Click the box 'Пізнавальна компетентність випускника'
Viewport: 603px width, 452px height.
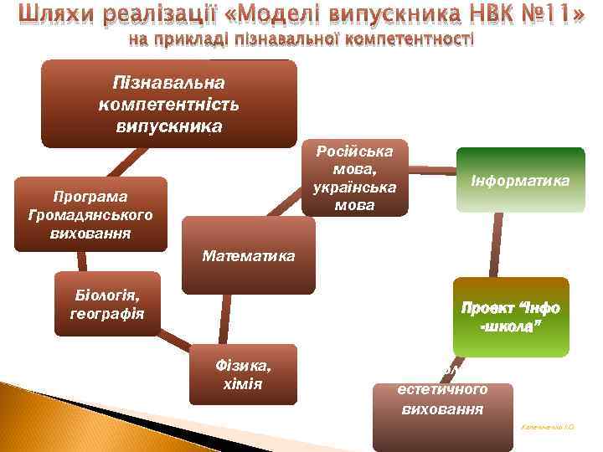170,104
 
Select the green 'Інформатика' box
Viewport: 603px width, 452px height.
519,181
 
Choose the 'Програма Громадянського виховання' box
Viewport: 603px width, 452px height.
90,213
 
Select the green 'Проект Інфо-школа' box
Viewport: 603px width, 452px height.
511,317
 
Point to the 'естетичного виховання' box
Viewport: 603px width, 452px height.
442,398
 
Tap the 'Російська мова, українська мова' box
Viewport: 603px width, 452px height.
354,177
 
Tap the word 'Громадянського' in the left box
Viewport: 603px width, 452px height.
90,213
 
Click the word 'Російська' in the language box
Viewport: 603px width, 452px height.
354,152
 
